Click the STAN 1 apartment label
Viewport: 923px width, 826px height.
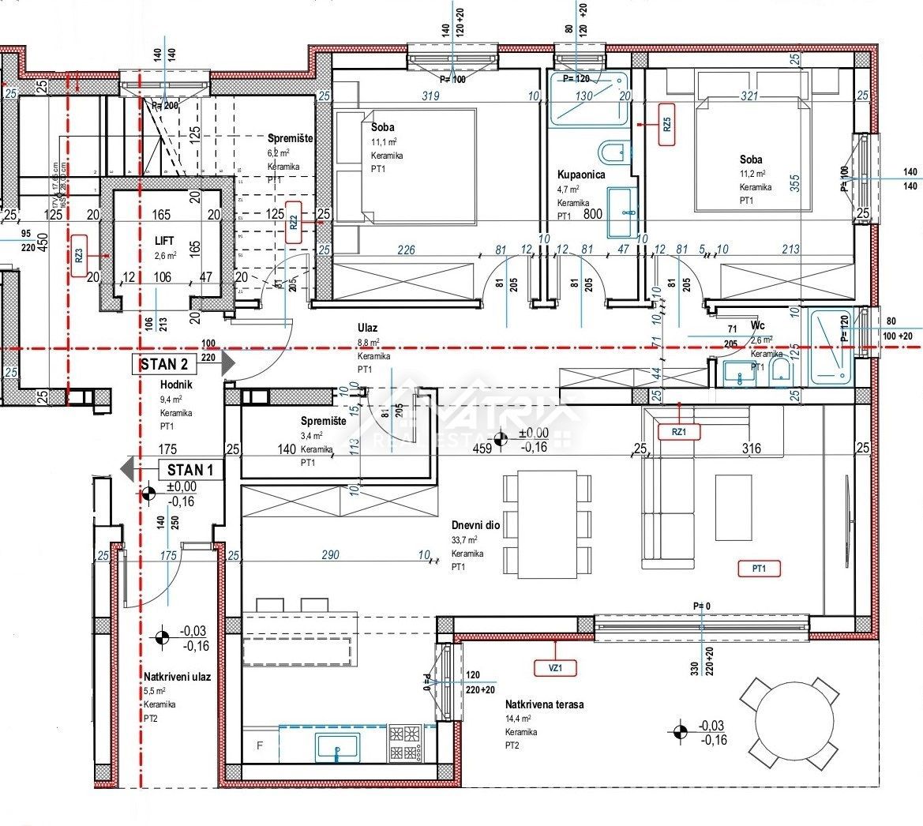coord(189,470)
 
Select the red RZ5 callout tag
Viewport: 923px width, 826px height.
coord(667,124)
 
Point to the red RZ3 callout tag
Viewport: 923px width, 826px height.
coord(79,255)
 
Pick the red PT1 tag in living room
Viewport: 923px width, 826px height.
coord(760,568)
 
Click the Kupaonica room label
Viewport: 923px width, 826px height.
coord(581,175)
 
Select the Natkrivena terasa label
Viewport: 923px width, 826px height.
coord(544,704)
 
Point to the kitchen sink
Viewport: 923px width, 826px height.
coord(337,745)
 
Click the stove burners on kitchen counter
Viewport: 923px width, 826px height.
coord(404,742)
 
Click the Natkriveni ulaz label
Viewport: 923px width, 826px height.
coord(177,677)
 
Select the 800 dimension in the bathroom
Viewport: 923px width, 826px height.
coord(592,213)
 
